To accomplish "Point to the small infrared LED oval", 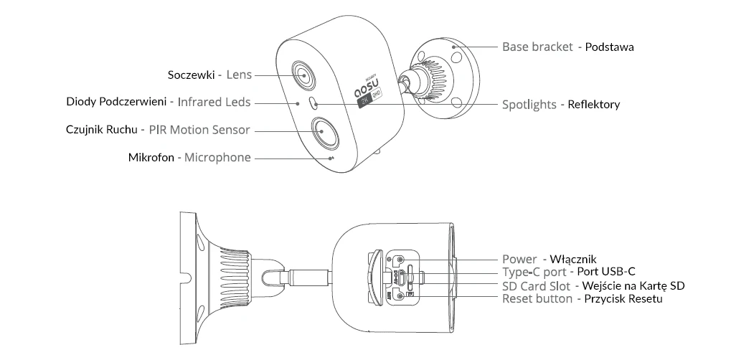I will point(313,103).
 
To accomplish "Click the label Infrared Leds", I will point(214,103).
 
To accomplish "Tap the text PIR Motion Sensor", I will point(199,130).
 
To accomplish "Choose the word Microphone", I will point(218,157).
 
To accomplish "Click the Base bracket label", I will point(537,47).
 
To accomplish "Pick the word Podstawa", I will point(610,47).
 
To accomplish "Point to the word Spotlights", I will point(529,105).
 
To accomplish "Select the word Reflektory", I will point(594,105).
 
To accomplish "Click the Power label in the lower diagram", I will point(519,259).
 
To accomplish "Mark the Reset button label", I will point(537,298).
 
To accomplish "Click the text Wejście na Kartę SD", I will point(635,285).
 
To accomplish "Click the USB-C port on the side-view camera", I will point(408,273).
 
